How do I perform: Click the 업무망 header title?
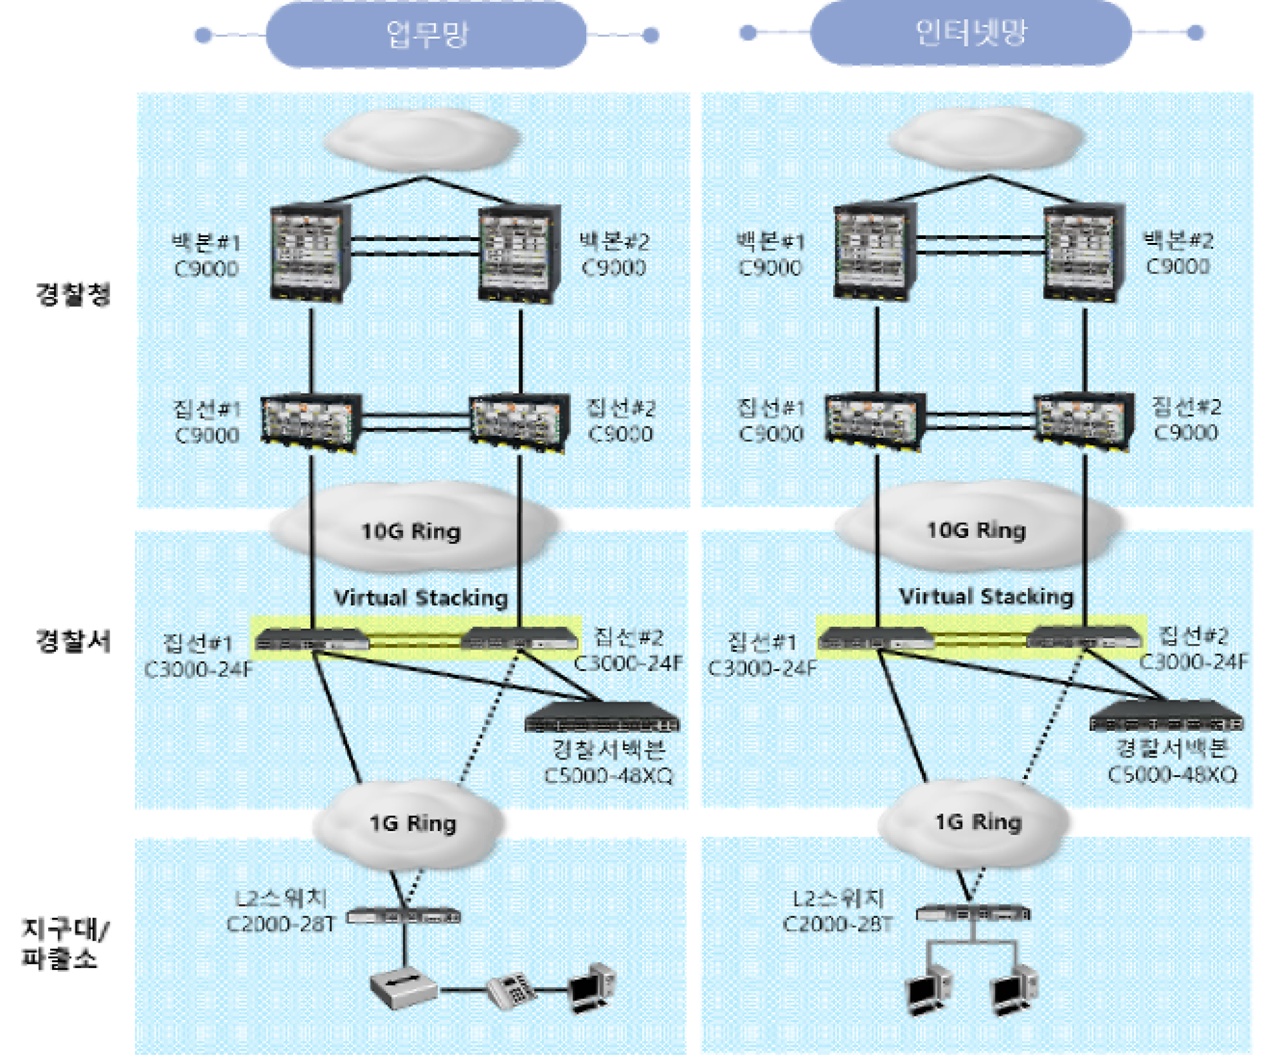coord(427,34)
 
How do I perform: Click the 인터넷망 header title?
coord(971,32)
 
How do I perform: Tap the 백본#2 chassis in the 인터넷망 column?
coord(1084,252)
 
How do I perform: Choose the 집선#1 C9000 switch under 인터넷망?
coord(875,421)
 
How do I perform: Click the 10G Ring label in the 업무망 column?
coord(411,531)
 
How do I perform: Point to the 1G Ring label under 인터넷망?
coord(978,822)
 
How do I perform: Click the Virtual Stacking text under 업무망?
coord(421,598)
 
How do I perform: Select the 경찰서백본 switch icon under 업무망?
coord(602,717)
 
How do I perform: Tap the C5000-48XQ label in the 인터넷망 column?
coord(1173,775)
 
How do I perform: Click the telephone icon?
coord(511,990)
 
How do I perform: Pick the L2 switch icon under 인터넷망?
coord(973,914)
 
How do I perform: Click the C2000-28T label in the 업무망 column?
coord(280,924)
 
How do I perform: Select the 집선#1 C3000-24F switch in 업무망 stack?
coord(312,639)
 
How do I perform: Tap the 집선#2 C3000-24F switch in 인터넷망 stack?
coord(1083,637)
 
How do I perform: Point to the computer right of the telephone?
coord(592,988)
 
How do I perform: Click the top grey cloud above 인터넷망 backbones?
coord(986,138)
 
